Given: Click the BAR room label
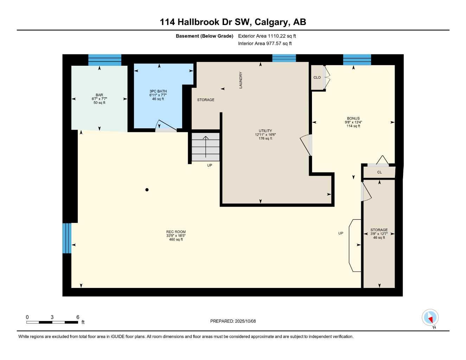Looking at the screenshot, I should click(99, 95).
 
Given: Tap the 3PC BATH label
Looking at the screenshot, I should click(158, 91).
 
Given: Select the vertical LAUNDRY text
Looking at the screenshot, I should click(241, 80).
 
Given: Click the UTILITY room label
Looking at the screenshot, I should click(265, 131).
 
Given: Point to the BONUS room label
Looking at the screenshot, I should click(353, 118).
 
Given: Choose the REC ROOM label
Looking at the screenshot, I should click(176, 232).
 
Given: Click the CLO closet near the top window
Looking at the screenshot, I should click(317, 77).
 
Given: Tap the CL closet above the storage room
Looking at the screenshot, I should click(379, 172).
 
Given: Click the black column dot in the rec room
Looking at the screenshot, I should click(147, 190).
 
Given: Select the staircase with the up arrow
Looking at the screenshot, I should click(206, 147).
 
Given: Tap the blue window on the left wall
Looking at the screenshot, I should click(67, 238).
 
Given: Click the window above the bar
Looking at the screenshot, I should click(104, 60).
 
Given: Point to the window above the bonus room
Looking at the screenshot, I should click(357, 59).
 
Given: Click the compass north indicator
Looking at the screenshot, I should click(430, 318).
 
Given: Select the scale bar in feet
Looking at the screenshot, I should click(52, 322).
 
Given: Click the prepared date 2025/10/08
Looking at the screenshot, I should click(233, 321).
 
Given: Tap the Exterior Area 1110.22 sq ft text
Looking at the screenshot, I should click(267, 36).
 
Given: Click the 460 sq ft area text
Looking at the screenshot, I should click(176, 239).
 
